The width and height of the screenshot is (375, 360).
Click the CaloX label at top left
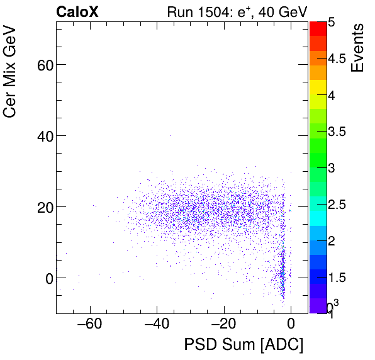(77, 11)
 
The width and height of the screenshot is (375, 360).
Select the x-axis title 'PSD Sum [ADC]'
(243, 344)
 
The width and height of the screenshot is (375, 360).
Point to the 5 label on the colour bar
(331, 21)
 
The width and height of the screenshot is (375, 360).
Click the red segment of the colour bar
(318, 28)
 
